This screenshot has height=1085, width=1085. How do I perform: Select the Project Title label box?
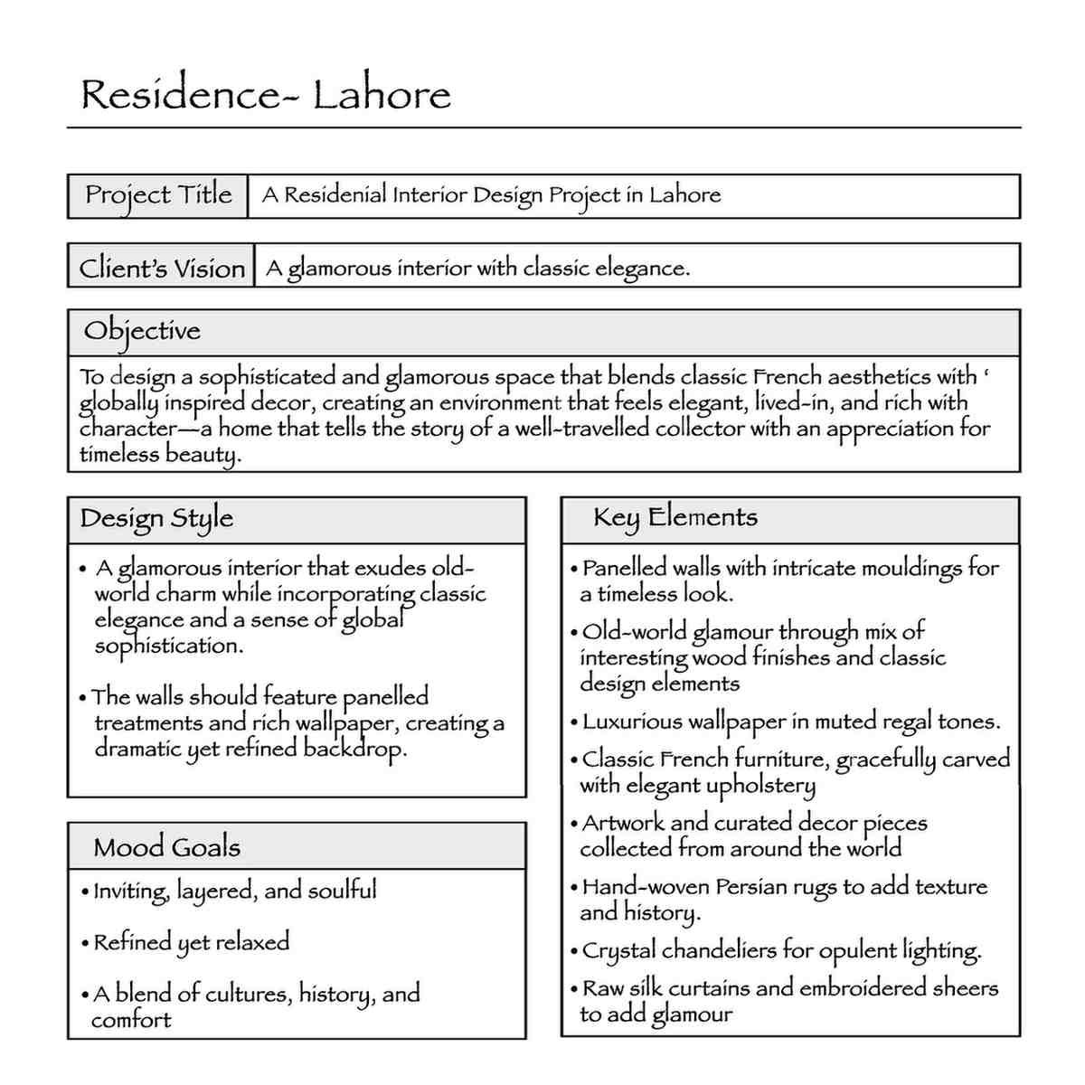(x=158, y=195)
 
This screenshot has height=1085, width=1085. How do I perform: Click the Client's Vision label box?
(x=162, y=268)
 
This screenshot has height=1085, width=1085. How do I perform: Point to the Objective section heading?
(x=142, y=331)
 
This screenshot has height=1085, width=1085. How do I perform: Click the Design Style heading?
(x=156, y=519)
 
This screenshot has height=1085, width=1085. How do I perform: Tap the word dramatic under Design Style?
(x=137, y=750)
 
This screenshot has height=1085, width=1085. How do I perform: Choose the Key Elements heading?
(x=675, y=518)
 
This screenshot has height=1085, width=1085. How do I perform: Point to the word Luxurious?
(x=632, y=722)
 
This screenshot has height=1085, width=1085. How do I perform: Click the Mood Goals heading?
(x=166, y=848)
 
